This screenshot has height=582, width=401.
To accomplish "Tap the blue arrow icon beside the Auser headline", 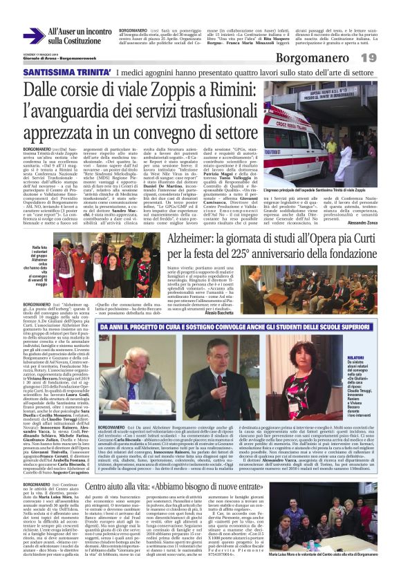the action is click(32, 36).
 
